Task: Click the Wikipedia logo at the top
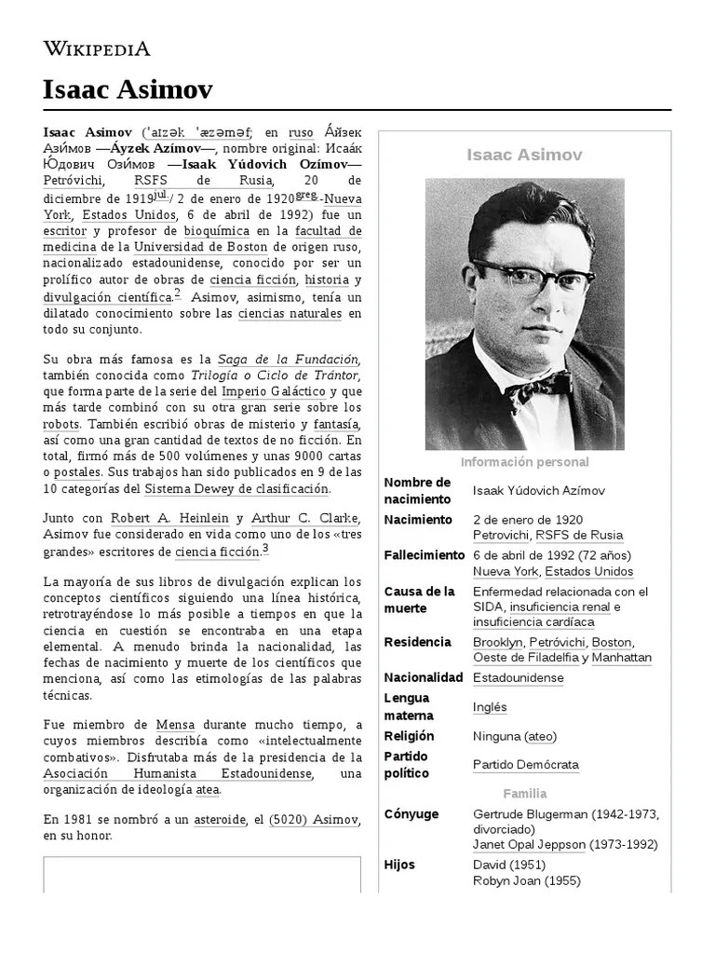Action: (x=97, y=49)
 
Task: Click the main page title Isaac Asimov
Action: (x=128, y=89)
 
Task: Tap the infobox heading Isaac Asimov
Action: (x=524, y=155)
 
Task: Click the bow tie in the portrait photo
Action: (x=539, y=382)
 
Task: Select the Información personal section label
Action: (x=524, y=462)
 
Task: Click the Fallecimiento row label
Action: (x=424, y=555)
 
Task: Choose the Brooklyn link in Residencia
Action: (x=497, y=642)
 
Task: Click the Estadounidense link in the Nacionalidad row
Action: (x=518, y=678)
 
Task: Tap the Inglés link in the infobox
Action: (x=490, y=707)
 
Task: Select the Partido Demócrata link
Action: (x=525, y=765)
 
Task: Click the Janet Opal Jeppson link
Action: (x=529, y=845)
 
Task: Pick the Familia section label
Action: (x=524, y=794)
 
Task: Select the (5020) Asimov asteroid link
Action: (x=313, y=820)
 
